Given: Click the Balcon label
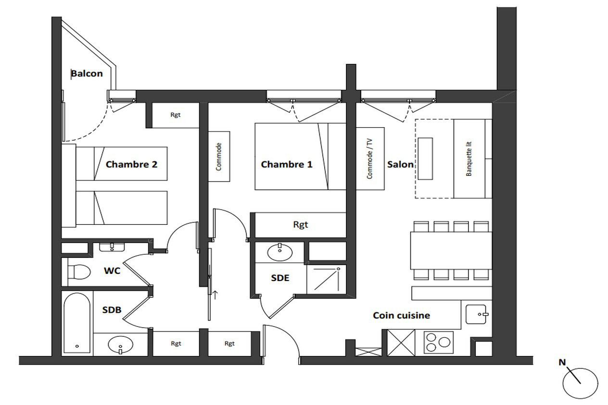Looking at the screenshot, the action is (x=87, y=74).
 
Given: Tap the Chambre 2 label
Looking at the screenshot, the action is (x=131, y=164).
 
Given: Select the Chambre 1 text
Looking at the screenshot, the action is (x=287, y=164).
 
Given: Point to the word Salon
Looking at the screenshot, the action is (x=400, y=164).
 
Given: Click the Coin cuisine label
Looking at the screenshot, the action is (x=402, y=315).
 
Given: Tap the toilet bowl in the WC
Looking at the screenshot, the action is (x=79, y=271).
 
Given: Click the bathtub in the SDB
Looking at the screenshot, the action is (x=77, y=323).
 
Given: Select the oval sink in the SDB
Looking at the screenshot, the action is (x=121, y=345).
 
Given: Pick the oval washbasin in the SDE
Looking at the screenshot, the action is (x=280, y=252).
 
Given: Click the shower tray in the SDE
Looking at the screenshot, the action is (x=327, y=279).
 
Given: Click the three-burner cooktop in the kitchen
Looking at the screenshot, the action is (x=438, y=343).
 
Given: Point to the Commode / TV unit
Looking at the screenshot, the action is (x=370, y=159).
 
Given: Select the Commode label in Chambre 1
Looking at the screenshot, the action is (x=219, y=157).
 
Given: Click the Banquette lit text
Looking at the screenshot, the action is (x=469, y=159).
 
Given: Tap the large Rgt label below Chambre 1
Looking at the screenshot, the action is (x=301, y=225).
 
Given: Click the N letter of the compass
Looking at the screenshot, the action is (x=562, y=362).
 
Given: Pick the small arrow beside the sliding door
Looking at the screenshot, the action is (x=215, y=295).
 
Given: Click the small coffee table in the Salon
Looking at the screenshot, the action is (x=425, y=159).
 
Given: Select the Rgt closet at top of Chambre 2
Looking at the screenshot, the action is (x=176, y=115).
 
